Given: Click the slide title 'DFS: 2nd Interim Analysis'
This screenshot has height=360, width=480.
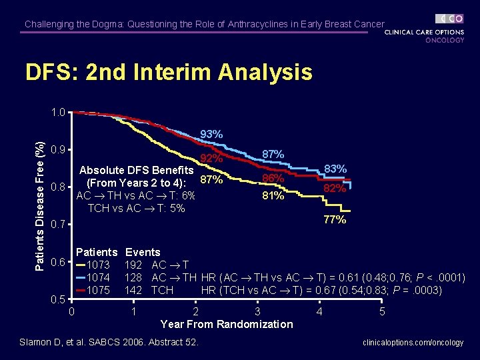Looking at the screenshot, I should point(168,72).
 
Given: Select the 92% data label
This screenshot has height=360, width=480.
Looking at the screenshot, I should point(211,159).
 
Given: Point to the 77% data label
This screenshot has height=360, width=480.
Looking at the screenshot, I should point(335,219).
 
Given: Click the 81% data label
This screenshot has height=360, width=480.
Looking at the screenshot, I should point(273,196).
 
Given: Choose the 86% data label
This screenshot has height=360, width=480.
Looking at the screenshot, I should point(273,179).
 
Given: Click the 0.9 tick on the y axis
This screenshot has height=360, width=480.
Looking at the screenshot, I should point(58,149).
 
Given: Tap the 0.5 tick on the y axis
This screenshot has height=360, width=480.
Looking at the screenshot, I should point(58,299).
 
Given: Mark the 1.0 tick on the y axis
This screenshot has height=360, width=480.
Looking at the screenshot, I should point(58,113).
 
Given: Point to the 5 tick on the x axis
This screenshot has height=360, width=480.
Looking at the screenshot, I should point(382,311).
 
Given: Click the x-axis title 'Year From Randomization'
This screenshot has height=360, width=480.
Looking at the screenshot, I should point(227,324).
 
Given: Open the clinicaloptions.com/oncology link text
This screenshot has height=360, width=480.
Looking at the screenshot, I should point(413,343).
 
